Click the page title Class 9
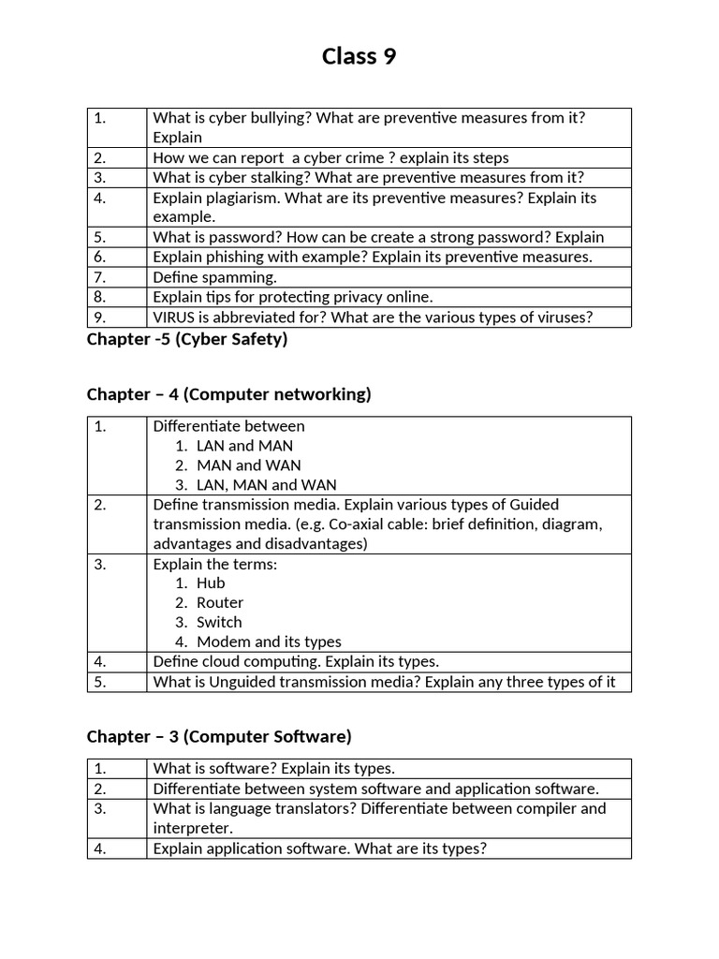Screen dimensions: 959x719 pos(359,57)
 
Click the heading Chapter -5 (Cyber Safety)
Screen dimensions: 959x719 pos(186,339)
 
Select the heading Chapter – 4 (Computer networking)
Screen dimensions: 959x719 pos(228,394)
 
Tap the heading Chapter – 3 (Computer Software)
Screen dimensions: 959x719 pos(219,736)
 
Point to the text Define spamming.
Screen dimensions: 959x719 pos(214,277)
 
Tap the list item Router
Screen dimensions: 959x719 pos(220,602)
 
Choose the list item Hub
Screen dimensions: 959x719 pos(211,583)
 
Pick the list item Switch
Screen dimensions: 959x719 pos(219,622)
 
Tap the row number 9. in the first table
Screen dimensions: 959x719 pos(100,317)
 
